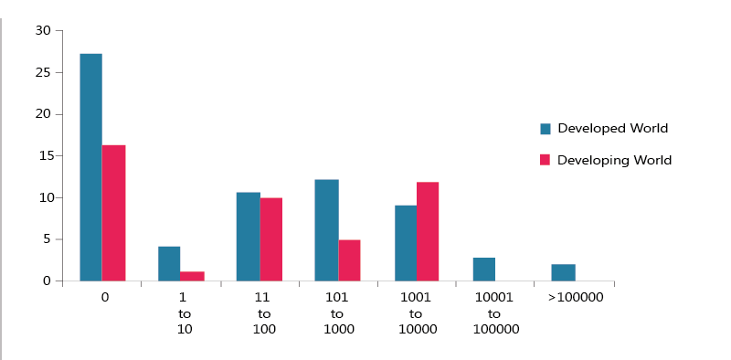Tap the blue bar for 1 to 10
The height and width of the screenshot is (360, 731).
(x=169, y=264)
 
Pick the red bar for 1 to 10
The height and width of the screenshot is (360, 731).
(x=193, y=276)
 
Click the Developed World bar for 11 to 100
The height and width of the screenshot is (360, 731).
(x=248, y=237)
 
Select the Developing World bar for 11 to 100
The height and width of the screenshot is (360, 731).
(x=271, y=239)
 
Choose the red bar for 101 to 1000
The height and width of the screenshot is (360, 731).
(x=350, y=260)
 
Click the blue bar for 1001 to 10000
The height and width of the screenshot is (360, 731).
(x=405, y=243)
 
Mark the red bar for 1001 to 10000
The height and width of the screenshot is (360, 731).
(x=428, y=231)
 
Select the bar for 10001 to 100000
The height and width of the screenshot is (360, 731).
(x=484, y=270)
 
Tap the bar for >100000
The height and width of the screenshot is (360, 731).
(x=563, y=272)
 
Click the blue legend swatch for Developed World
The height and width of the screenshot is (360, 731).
(x=546, y=129)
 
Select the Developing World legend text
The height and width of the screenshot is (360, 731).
(x=614, y=160)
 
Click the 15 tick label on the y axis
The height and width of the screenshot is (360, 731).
(x=43, y=156)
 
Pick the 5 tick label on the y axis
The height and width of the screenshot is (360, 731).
(x=47, y=239)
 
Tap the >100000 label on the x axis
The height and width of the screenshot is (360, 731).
(x=576, y=298)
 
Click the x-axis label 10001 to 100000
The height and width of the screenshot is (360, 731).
(x=496, y=313)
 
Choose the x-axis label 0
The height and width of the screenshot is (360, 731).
(x=104, y=298)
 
